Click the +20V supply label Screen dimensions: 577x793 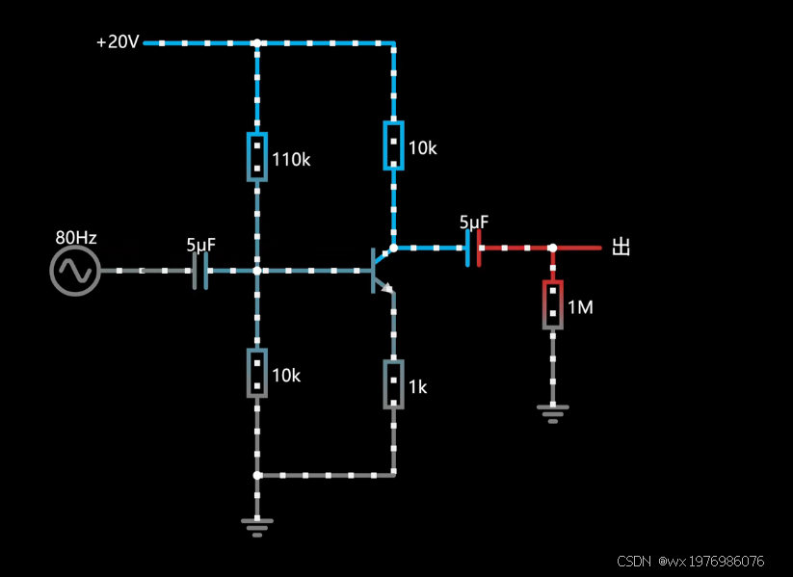[x=119, y=43]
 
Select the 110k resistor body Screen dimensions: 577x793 [x=256, y=156]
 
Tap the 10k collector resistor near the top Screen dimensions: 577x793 [x=393, y=145]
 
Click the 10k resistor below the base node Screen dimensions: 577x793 [x=256, y=373]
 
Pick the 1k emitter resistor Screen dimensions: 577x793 [x=393, y=384]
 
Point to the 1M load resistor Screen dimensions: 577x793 [x=552, y=304]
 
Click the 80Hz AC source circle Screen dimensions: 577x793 [x=74, y=271]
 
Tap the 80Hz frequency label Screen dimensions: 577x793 [x=76, y=238]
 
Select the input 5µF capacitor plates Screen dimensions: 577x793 [x=200, y=271]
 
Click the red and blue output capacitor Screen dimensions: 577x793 [x=472, y=248]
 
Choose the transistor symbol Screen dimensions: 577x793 [x=381, y=270]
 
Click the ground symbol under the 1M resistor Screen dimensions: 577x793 [x=552, y=414]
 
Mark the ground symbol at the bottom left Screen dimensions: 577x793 [x=256, y=525]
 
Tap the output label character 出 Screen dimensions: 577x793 [x=621, y=248]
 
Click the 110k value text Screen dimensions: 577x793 [x=291, y=160]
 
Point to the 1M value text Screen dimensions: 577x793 [x=580, y=307]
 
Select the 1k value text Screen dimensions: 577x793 [x=417, y=387]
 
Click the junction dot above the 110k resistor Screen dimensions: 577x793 [x=256, y=43]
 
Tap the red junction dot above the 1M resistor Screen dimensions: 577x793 [x=552, y=248]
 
